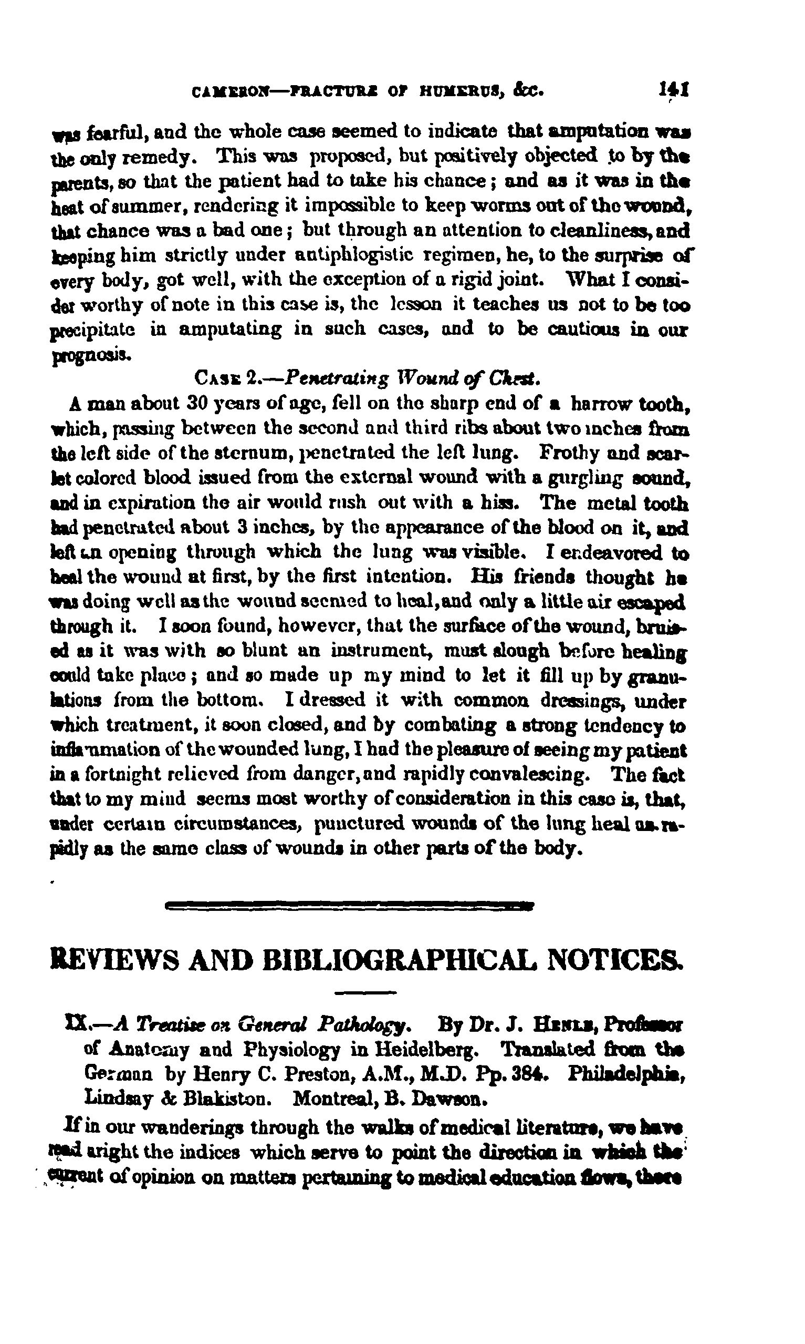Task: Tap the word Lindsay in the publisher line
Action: click(x=117, y=1098)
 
